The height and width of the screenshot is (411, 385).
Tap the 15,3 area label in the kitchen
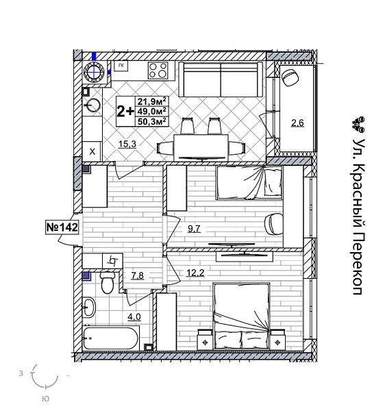(127, 143)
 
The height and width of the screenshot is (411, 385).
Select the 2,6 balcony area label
(297, 123)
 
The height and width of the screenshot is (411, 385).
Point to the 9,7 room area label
(195, 229)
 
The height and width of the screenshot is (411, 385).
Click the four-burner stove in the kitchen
(158, 70)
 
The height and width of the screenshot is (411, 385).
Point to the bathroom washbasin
(88, 307)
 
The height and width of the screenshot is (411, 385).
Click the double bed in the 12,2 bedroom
(241, 316)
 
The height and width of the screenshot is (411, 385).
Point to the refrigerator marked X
(92, 151)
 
